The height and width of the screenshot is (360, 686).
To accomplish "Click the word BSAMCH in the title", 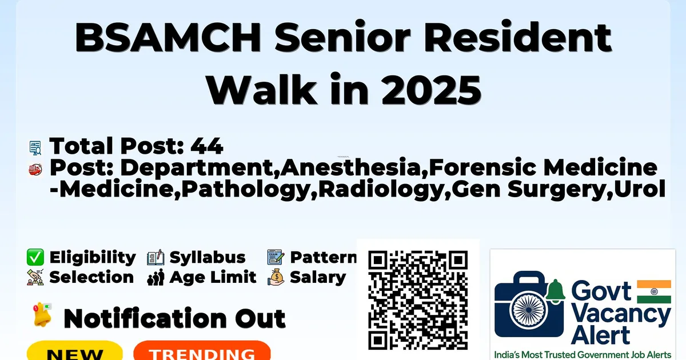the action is (168, 38).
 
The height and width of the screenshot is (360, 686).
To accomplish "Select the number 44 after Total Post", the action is (207, 146).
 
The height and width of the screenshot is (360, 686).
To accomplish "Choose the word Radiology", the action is (381, 190).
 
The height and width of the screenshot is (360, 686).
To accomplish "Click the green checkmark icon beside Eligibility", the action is (35, 257).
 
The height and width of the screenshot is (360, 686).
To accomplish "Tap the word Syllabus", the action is (208, 258).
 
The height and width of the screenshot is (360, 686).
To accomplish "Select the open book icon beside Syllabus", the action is (155, 258).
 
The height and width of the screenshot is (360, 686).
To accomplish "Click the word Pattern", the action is (324, 257).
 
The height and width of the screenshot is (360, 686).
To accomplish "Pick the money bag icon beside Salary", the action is (276, 277).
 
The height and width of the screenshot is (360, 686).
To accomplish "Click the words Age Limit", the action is (213, 277).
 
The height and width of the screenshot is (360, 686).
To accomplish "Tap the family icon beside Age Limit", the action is (155, 278).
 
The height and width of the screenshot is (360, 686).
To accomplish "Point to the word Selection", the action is (91, 277).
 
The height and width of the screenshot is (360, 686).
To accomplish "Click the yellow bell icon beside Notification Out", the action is (42, 315).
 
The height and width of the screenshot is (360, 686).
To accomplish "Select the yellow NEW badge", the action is (75, 350).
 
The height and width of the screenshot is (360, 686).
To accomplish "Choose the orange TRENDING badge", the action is (202, 350).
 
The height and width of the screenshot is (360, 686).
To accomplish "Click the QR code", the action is (418, 300).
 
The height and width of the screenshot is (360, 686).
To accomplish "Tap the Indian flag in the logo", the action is (654, 291).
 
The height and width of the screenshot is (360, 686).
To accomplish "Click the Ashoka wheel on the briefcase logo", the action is (529, 310).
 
